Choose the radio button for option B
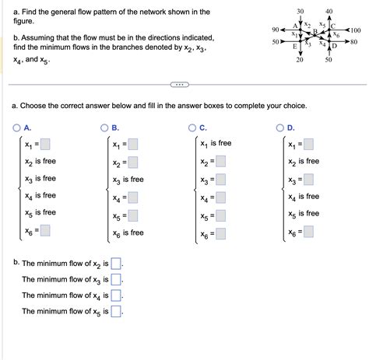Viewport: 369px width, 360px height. (x=104, y=128)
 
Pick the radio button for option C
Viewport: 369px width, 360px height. (x=192, y=128)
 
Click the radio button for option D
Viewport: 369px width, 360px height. (x=280, y=128)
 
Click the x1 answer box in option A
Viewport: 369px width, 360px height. (x=46, y=144)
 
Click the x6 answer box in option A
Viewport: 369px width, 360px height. (x=46, y=230)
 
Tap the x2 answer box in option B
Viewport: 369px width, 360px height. (x=132, y=162)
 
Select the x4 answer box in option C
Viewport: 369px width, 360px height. (x=221, y=198)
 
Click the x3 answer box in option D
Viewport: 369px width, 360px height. (x=309, y=180)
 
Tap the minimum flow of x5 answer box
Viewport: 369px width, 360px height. (x=118, y=312)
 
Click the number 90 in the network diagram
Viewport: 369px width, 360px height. (x=276, y=30)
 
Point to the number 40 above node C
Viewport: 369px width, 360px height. (x=328, y=10)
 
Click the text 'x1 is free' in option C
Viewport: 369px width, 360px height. (x=216, y=143)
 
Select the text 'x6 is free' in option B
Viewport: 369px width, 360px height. (x=128, y=232)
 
